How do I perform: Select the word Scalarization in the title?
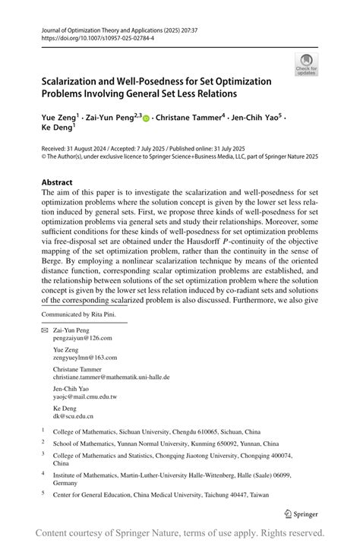click(74, 81)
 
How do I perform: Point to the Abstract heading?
click(57, 183)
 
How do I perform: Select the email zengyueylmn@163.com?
click(84, 357)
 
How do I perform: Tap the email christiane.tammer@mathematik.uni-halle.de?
click(111, 377)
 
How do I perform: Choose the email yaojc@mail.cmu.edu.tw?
click(84, 396)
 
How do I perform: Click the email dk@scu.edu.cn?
click(73, 416)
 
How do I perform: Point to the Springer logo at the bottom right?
click(301, 513)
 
